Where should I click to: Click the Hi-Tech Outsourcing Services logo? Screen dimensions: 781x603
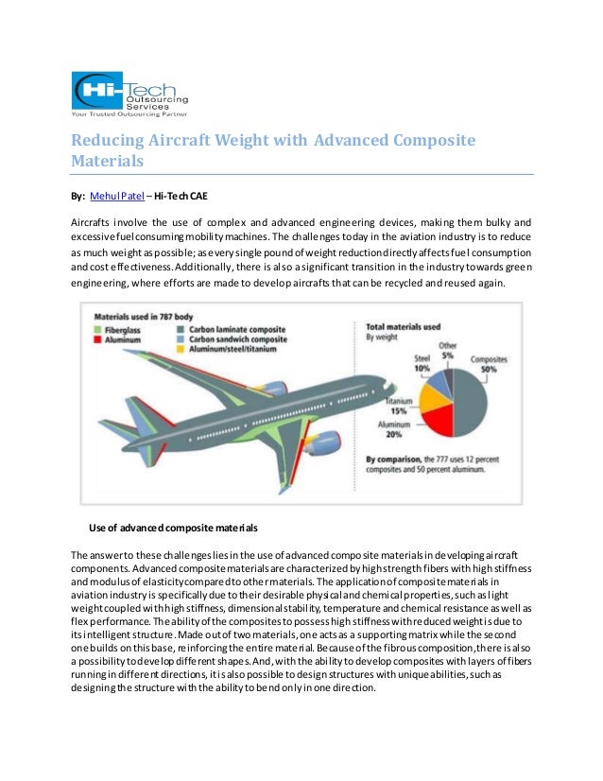pyautogui.click(x=130, y=91)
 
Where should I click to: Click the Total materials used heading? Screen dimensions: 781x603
pyautogui.click(x=403, y=326)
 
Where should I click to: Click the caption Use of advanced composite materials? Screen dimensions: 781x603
pyautogui.click(x=173, y=526)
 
